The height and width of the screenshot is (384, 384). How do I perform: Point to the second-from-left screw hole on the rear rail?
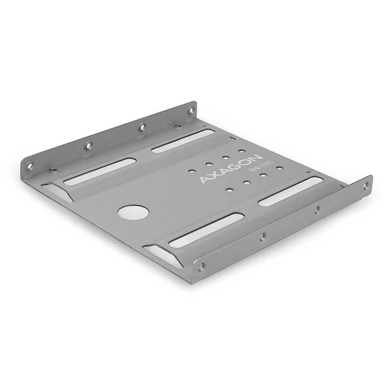(x=88, y=145)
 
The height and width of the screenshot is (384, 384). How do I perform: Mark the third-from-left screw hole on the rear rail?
(x=142, y=126)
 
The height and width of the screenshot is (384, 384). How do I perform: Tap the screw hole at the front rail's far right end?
(x=365, y=186)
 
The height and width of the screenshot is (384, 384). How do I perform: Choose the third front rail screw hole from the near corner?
(x=316, y=210)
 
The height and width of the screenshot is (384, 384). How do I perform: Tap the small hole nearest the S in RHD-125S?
(x=279, y=168)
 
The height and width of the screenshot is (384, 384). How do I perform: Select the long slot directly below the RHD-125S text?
(x=290, y=190)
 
